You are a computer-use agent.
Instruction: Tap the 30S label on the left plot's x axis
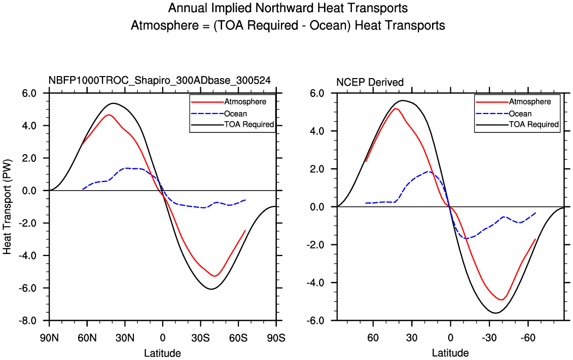(200, 337)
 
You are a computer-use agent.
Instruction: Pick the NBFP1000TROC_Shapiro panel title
(159, 80)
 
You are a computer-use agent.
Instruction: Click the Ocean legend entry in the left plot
(250, 114)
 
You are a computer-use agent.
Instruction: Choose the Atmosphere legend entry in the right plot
(530, 102)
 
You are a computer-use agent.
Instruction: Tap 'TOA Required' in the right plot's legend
(533, 125)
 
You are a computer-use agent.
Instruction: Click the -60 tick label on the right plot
(528, 338)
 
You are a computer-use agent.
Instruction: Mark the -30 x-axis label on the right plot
(489, 338)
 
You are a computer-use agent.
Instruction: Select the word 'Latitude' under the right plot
(450, 353)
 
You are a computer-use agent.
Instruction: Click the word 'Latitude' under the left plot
(162, 353)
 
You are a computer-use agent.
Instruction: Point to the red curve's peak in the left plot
(109, 115)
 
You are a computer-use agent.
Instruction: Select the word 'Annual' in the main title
(185, 9)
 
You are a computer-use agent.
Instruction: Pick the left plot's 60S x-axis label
(238, 337)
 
